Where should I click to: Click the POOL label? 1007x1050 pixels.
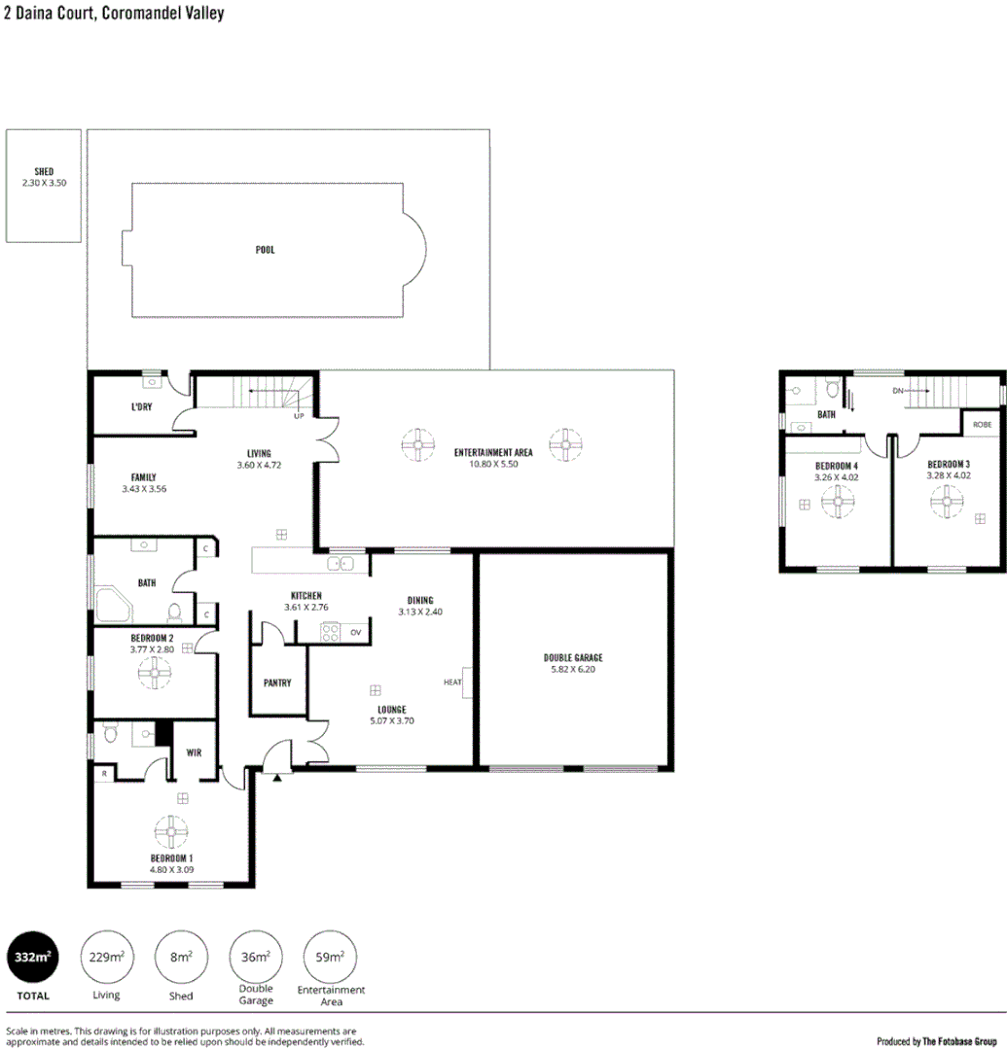tap(265, 250)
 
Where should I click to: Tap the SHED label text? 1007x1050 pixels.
tap(44, 172)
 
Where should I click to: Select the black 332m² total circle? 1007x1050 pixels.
tap(31, 958)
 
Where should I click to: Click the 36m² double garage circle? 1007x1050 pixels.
tap(255, 958)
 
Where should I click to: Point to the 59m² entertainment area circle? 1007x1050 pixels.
tap(331, 958)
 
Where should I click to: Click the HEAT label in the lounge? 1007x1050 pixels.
tap(452, 682)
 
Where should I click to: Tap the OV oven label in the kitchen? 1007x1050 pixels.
tap(356, 632)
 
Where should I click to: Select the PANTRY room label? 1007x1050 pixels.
tap(277, 682)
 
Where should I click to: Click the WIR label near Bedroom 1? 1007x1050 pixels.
tap(194, 752)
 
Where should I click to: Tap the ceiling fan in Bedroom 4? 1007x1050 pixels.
tap(837, 503)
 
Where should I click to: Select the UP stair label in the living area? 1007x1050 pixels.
tap(301, 416)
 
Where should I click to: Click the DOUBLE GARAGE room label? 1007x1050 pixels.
tap(573, 658)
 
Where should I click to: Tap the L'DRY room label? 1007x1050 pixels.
tap(141, 406)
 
